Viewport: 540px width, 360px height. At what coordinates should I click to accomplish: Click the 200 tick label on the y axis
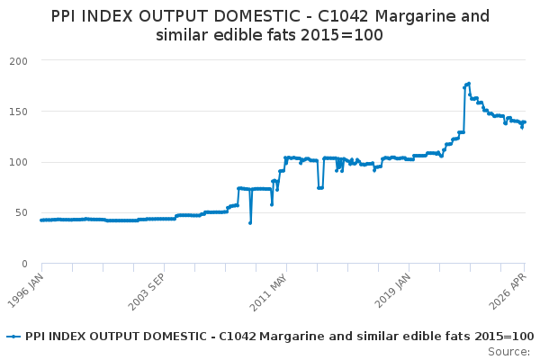[19, 61]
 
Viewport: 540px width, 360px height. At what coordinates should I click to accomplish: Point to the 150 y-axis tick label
[19, 112]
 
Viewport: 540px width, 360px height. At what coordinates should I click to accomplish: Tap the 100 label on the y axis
[19, 162]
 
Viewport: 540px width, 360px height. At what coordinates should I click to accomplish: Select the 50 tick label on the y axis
[22, 213]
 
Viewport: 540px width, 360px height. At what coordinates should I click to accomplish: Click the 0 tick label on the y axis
[24, 264]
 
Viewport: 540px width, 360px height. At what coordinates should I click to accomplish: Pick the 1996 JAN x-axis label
[26, 291]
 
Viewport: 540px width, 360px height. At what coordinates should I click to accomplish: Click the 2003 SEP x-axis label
[147, 292]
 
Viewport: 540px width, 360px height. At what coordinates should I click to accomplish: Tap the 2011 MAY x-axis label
[268, 292]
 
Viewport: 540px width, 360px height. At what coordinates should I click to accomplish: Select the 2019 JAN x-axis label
[392, 291]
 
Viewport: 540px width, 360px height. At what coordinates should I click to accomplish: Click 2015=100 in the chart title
[342, 35]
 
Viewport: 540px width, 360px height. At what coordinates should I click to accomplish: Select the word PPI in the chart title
[64, 16]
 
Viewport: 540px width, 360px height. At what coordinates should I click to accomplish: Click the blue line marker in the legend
[13, 337]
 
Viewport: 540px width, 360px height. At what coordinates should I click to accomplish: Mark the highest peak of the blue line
[469, 84]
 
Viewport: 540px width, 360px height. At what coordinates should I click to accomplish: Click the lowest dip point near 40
[250, 223]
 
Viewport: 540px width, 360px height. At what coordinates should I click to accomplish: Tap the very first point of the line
[41, 220]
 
